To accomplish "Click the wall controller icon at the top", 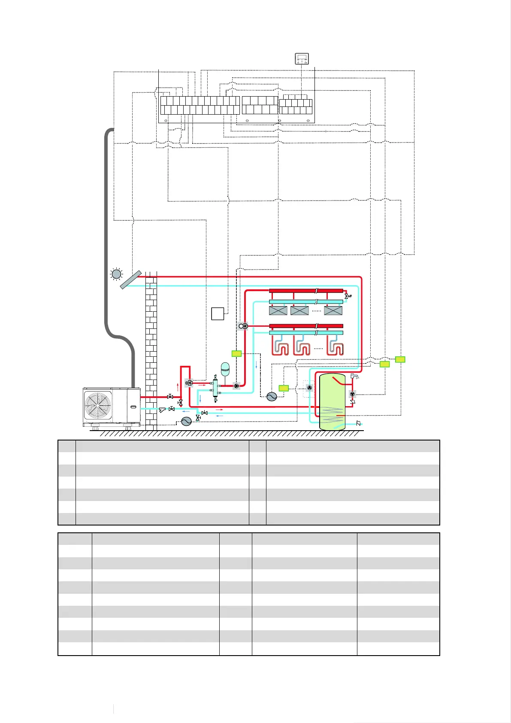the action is (302, 58).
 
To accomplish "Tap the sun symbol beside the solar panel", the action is (116, 274).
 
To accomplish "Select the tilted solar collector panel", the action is (131, 279).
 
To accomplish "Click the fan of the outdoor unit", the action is (98, 405).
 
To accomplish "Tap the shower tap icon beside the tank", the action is (354, 377).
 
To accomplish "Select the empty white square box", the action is (218, 313).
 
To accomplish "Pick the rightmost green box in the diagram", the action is (400, 359).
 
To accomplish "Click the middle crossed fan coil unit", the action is (299, 310).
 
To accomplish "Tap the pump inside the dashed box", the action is (309, 388).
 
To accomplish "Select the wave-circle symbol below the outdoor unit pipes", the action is (186, 421).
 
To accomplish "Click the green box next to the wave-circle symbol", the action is (284, 388).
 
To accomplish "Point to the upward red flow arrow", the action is (178, 386).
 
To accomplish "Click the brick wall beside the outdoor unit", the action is (151, 343).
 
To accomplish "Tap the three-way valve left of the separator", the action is (189, 383).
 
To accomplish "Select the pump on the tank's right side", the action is (352, 394).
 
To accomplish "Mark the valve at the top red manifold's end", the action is (347, 296).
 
